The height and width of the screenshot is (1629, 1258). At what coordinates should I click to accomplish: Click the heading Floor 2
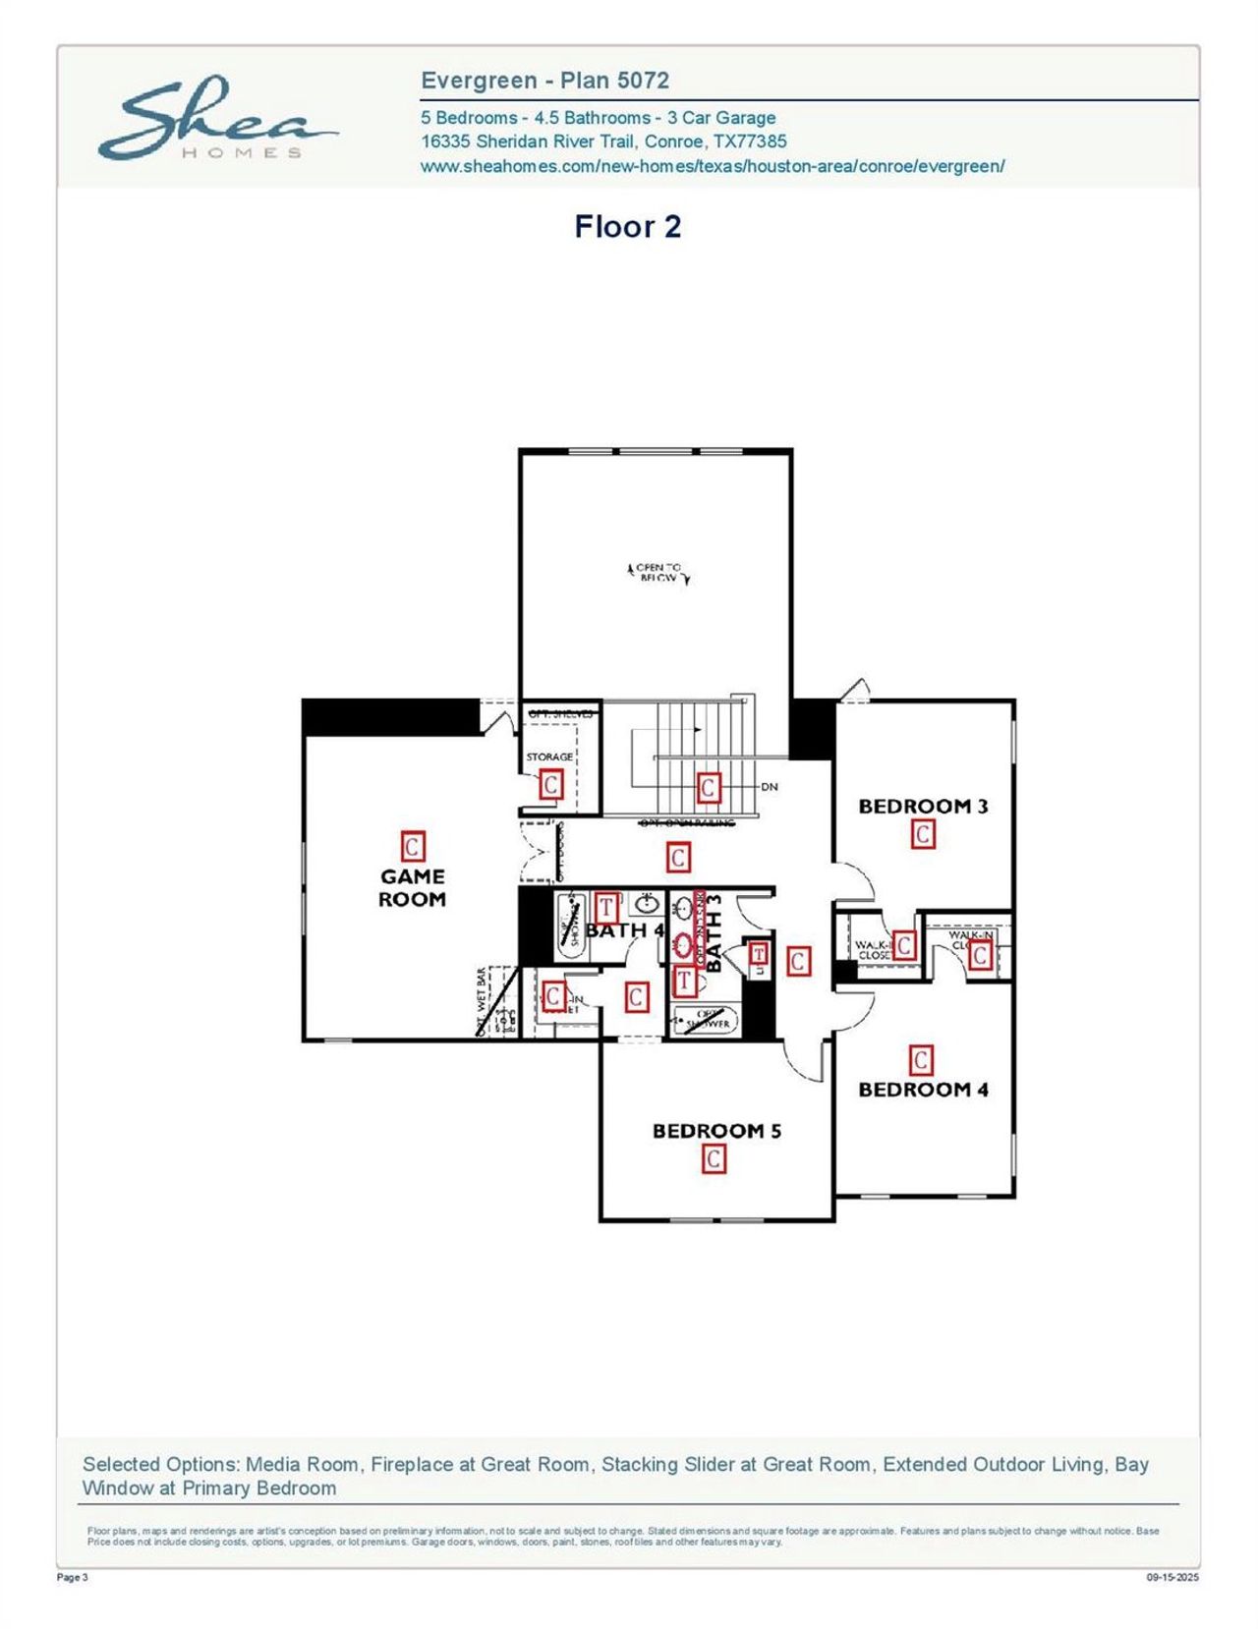coord(627,227)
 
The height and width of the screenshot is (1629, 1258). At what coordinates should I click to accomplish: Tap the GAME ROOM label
coord(412,887)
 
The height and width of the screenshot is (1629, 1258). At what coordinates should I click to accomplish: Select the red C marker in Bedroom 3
coord(923,835)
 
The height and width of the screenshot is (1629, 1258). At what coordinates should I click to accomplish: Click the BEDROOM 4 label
coord(923,1090)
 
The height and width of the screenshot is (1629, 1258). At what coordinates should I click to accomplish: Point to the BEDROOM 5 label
coord(716,1131)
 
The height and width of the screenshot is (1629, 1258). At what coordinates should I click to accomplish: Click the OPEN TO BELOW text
coord(658,573)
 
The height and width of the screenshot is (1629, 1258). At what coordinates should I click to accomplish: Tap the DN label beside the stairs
coord(770,787)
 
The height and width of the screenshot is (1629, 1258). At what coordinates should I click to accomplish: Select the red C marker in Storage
coord(550,784)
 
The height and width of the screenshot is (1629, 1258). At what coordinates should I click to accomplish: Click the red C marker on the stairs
coord(708,787)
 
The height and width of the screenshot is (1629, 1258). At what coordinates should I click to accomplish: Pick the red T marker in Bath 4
coord(606,906)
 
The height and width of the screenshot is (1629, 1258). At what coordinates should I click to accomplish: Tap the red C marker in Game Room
coord(412,847)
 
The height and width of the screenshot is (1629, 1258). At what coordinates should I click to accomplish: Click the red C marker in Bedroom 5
coord(715,1159)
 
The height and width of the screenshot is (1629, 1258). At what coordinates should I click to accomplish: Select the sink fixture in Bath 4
coord(647,905)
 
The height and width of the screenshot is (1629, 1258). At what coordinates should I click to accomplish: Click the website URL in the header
coord(713,166)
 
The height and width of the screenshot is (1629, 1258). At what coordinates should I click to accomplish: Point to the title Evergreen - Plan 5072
coord(544,81)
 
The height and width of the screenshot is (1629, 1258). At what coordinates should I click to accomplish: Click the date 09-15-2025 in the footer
coord(1172,1578)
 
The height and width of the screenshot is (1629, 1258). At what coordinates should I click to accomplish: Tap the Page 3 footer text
coord(73,1578)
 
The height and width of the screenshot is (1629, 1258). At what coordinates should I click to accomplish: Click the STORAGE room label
coord(549,757)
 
